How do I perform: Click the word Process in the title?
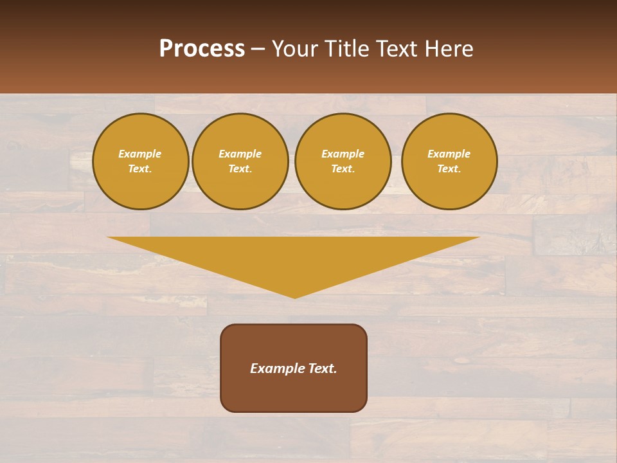tap(202, 49)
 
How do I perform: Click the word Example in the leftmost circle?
tap(140, 154)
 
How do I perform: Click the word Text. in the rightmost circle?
tap(449, 168)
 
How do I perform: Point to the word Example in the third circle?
tap(343, 154)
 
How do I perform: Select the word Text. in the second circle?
tap(240, 168)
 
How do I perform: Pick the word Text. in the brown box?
tap(323, 368)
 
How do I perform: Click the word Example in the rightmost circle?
tap(449, 154)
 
